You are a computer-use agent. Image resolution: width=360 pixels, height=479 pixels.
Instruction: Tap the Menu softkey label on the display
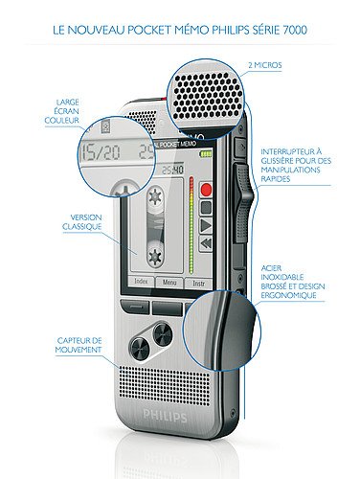pyautogui.click(x=170, y=284)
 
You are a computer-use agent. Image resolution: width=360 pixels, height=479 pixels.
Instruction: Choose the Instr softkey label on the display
pyautogui.click(x=198, y=285)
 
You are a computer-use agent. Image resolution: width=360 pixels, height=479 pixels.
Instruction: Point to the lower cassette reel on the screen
pyautogui.click(x=153, y=254)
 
